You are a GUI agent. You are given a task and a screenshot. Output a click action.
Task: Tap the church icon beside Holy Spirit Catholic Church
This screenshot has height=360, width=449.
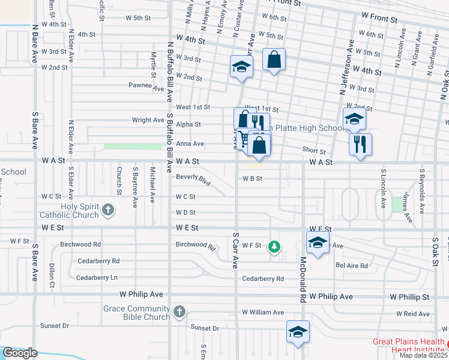tap(108, 209)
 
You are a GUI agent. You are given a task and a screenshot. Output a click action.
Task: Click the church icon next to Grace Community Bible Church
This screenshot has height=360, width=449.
tap(179, 311)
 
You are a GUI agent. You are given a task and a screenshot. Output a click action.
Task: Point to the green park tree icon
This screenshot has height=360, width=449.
tap(274, 246)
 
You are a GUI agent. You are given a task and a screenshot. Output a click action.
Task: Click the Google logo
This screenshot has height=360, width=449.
tap(20, 353)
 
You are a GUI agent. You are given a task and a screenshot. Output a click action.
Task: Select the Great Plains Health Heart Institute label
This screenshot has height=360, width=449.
tap(408, 346)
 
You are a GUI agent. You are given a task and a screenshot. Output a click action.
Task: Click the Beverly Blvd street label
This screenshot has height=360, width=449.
tap(193, 179)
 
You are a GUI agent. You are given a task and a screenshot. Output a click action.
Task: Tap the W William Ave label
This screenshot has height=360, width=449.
tap(263, 313)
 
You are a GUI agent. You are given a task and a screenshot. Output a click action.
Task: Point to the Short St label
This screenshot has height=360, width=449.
tap(314, 152)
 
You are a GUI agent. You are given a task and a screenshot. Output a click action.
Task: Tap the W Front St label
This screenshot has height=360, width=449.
tap(379, 20)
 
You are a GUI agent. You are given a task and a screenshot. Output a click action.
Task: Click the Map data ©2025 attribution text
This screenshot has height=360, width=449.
tap(423, 355)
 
